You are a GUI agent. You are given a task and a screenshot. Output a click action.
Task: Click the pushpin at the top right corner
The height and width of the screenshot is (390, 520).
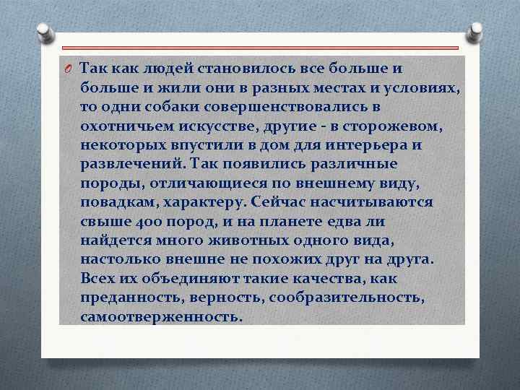pos(477,32)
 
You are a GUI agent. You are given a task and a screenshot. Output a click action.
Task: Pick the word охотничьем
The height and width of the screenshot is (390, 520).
pos(125,126)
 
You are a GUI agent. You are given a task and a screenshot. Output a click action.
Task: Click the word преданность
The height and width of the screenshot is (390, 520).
pos(127,297)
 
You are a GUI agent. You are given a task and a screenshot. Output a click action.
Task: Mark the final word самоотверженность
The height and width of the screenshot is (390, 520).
pos(159,316)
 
